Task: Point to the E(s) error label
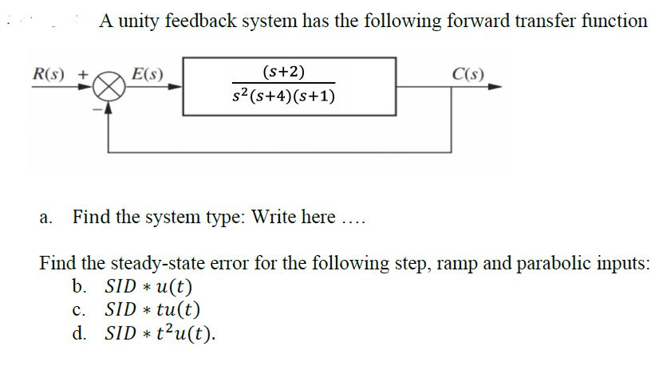pyautogui.click(x=145, y=75)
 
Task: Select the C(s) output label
pyautogui.click(x=465, y=75)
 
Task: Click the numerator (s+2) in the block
pyautogui.click(x=283, y=73)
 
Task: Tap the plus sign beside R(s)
pyautogui.click(x=81, y=76)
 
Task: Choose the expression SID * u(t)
pyautogui.click(x=149, y=286)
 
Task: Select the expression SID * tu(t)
pyautogui.click(x=152, y=309)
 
